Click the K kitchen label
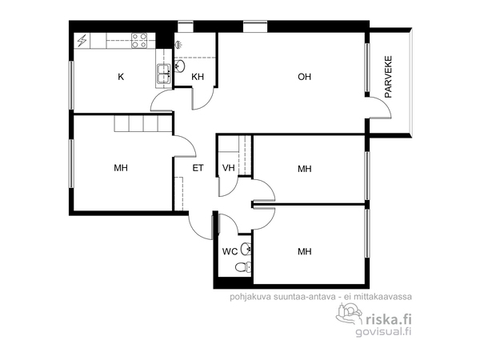click(x=121, y=77)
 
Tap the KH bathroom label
click(x=198, y=77)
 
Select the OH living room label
click(x=304, y=77)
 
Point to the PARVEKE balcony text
click(x=388, y=77)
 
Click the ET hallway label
click(x=198, y=168)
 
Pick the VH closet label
click(x=228, y=168)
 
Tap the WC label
click(x=230, y=252)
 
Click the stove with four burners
click(x=139, y=41)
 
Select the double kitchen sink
click(x=164, y=74)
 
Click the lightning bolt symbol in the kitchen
click(x=82, y=41)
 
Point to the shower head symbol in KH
click(x=179, y=45)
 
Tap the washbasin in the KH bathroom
click(x=180, y=66)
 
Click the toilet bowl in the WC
click(x=242, y=267)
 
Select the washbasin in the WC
click(x=246, y=249)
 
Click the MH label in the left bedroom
click(x=121, y=168)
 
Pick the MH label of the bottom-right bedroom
click(x=305, y=252)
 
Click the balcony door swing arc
click(x=385, y=104)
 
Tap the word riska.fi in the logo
click(x=389, y=319)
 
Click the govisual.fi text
click(x=383, y=331)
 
